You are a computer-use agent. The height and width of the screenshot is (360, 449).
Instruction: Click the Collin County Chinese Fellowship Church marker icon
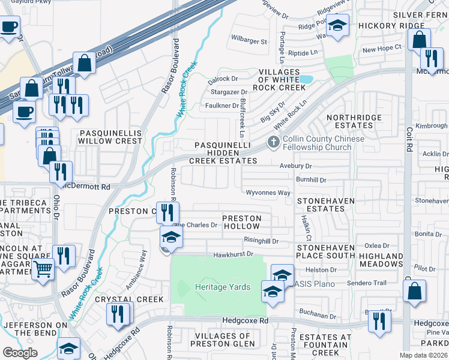[274, 143]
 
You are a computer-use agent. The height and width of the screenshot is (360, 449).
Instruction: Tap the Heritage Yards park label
[223, 287]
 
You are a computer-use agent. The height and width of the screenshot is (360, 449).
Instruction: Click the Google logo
[20, 353]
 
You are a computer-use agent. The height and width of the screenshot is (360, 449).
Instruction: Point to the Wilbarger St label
[249, 41]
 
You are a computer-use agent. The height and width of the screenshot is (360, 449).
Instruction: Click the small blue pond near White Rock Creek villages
[306, 79]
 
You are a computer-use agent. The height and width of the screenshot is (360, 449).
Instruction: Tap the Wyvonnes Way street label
[268, 193]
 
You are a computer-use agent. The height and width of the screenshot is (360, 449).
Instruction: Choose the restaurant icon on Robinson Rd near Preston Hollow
[167, 212]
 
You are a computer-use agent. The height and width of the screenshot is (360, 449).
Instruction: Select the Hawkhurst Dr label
[234, 255]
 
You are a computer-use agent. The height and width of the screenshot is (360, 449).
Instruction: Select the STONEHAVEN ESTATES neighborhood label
[327, 205]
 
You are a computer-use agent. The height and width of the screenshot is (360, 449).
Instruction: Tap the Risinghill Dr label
[261, 241]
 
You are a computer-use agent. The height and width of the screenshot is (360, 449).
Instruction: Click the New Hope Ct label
[381, 49]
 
